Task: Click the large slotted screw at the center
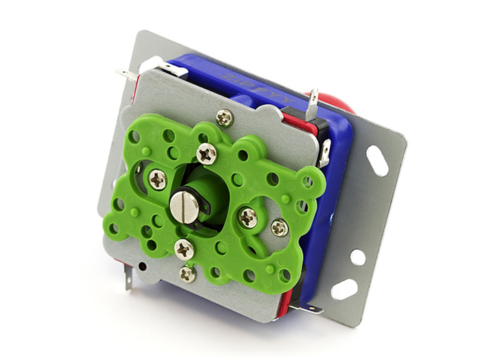(184, 206)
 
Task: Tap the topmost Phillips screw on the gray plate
(224, 118)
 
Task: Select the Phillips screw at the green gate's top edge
(206, 153)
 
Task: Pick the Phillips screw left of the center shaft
(158, 180)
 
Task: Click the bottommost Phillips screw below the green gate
(187, 274)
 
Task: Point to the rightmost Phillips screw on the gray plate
(279, 228)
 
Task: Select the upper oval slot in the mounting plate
(377, 160)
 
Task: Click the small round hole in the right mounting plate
(357, 257)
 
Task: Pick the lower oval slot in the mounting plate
(344, 289)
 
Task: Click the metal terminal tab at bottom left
(128, 276)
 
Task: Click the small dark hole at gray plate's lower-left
(142, 265)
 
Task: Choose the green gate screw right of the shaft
(248, 217)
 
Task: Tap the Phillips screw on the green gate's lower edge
(183, 249)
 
